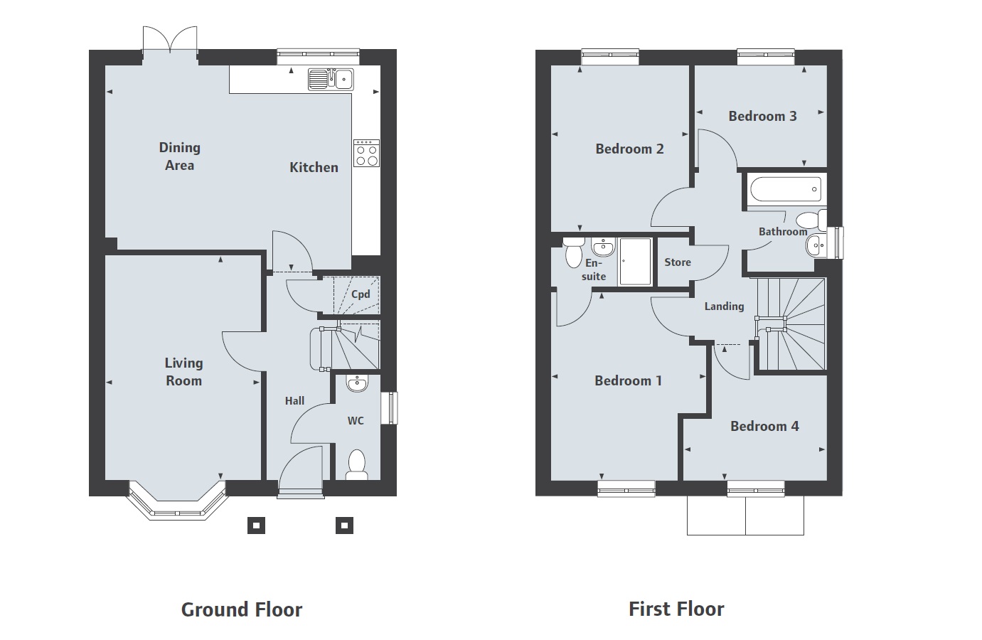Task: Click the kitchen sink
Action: (x=331, y=79)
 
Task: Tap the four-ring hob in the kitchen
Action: (x=367, y=153)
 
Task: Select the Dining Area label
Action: (x=179, y=156)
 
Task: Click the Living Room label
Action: (x=183, y=372)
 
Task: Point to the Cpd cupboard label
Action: (x=361, y=294)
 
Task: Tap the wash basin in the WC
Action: (x=356, y=384)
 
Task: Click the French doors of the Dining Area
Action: (x=169, y=41)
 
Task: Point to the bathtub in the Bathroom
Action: (x=784, y=190)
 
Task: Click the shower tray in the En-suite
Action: (x=635, y=262)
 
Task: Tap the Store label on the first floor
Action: (x=678, y=262)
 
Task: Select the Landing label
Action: (x=724, y=306)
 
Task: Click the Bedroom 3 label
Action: (x=762, y=116)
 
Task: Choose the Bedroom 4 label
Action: (x=764, y=426)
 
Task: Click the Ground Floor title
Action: (x=242, y=609)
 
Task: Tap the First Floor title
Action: (x=676, y=609)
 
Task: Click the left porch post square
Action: (x=256, y=526)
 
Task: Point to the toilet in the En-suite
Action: (x=573, y=253)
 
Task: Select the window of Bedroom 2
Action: (x=609, y=56)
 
